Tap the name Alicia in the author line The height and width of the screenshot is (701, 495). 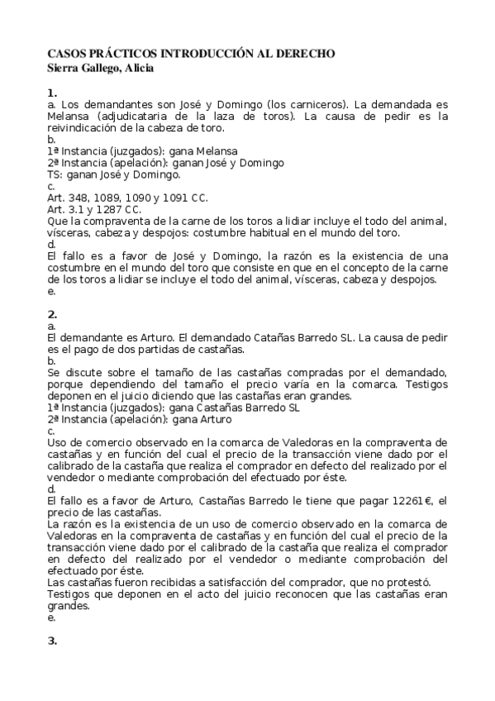[137, 68]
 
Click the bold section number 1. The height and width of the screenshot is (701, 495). [52, 93]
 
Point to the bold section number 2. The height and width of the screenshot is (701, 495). [52, 314]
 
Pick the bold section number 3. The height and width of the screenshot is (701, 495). [52, 641]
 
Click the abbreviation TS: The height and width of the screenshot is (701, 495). [55, 174]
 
